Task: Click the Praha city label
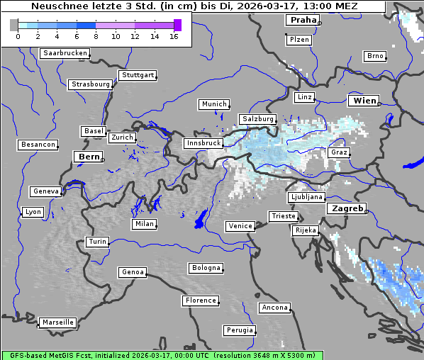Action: point(303,20)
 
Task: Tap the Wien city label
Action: point(364,101)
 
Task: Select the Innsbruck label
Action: point(203,143)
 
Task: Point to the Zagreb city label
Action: point(346,208)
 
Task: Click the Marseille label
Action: point(57,322)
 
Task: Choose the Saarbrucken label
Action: point(65,53)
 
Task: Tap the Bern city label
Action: point(89,156)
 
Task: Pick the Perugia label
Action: point(239,330)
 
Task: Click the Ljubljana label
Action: point(306,197)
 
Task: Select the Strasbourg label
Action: point(91,84)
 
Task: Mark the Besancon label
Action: point(38,145)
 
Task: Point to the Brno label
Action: point(375,56)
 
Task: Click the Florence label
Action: point(200,300)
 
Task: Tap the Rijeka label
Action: point(305,230)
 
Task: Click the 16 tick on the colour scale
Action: point(174,35)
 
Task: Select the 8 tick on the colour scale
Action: point(96,35)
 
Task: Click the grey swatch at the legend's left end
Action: point(14,25)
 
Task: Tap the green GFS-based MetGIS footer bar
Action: point(162,355)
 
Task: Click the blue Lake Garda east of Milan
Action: point(201,218)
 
